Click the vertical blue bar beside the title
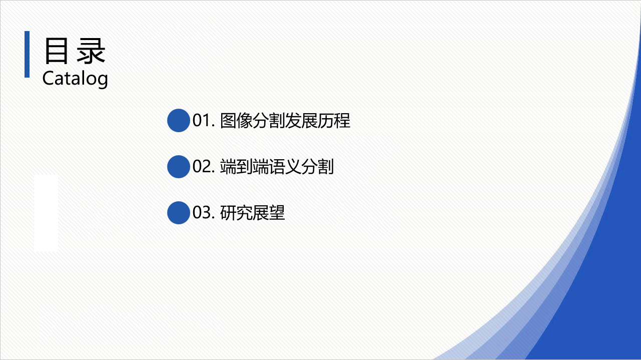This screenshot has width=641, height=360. [x=27, y=54]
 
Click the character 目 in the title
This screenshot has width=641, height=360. [x=57, y=51]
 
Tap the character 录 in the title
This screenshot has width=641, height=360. [x=91, y=51]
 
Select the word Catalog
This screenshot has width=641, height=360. [x=75, y=79]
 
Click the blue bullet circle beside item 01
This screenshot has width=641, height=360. [x=179, y=120]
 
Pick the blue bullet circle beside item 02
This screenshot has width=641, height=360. [x=179, y=167]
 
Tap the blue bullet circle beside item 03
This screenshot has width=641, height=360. [x=179, y=212]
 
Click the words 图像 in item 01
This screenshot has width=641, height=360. [x=236, y=121]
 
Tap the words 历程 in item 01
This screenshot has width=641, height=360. [x=334, y=121]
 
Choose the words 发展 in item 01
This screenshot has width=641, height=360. [x=301, y=121]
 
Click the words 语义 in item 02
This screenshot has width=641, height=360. [x=285, y=167]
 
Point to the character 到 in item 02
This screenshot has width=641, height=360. [x=244, y=167]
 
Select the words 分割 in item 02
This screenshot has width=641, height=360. [x=318, y=167]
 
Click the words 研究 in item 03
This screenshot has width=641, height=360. [x=236, y=213]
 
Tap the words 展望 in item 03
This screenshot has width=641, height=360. [x=269, y=213]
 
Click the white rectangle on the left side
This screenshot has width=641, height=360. [x=46, y=213]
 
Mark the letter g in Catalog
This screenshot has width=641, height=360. [x=103, y=81]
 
